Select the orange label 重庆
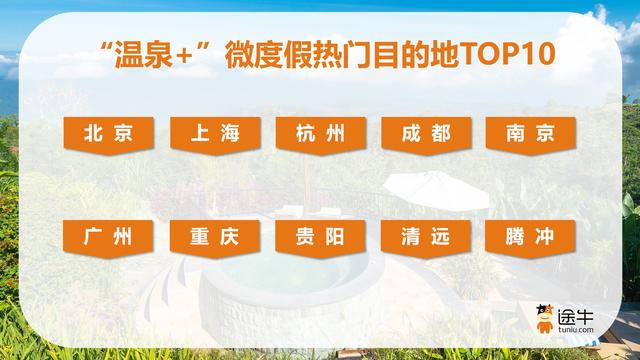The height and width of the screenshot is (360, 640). pos(215,238)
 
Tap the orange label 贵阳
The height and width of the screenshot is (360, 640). pos(320,238)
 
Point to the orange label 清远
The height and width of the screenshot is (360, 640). pos(425,238)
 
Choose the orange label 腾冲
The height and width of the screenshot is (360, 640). pos(530,238)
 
